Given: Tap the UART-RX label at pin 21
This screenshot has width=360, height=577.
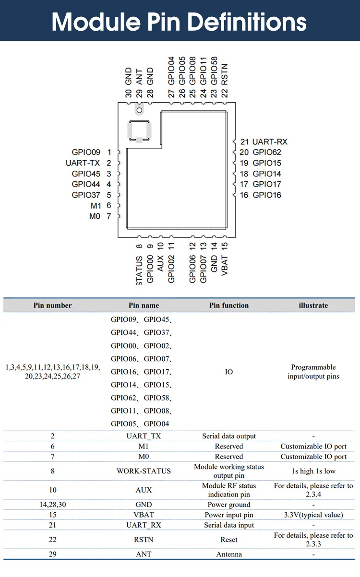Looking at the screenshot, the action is point(270,141).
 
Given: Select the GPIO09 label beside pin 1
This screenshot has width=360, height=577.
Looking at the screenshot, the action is point(86,152).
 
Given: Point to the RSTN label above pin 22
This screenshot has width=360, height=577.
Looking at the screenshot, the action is point(225,74).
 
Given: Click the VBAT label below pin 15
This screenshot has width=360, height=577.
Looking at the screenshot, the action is point(225,265).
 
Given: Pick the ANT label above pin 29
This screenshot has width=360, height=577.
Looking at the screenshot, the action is point(139,77).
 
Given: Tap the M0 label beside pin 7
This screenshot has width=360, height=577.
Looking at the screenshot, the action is point(95,216).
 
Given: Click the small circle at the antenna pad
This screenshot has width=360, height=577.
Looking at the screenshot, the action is point(139,110).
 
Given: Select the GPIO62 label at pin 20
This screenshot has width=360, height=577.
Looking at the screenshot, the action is point(267,152).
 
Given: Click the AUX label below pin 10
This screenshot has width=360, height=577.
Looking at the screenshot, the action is point(160,263).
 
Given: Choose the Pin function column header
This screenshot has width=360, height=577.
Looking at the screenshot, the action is point(229,305).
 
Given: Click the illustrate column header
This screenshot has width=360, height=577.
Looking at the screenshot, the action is point(313,305).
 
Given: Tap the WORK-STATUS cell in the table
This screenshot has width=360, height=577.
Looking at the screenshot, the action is point(144,471).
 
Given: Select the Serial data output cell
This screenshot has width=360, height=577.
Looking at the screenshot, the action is point(229,436).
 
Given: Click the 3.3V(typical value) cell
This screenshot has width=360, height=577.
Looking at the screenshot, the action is point(313,515).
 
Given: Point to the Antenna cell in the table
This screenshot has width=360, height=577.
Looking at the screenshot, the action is point(229,554).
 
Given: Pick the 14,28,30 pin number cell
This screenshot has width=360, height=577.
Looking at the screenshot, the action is point(53,505).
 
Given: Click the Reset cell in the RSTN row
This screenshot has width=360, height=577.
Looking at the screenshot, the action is point(229,540).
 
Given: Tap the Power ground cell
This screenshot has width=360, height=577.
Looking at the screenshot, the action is point(229,505).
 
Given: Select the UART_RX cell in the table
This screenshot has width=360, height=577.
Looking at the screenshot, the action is point(144,525).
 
